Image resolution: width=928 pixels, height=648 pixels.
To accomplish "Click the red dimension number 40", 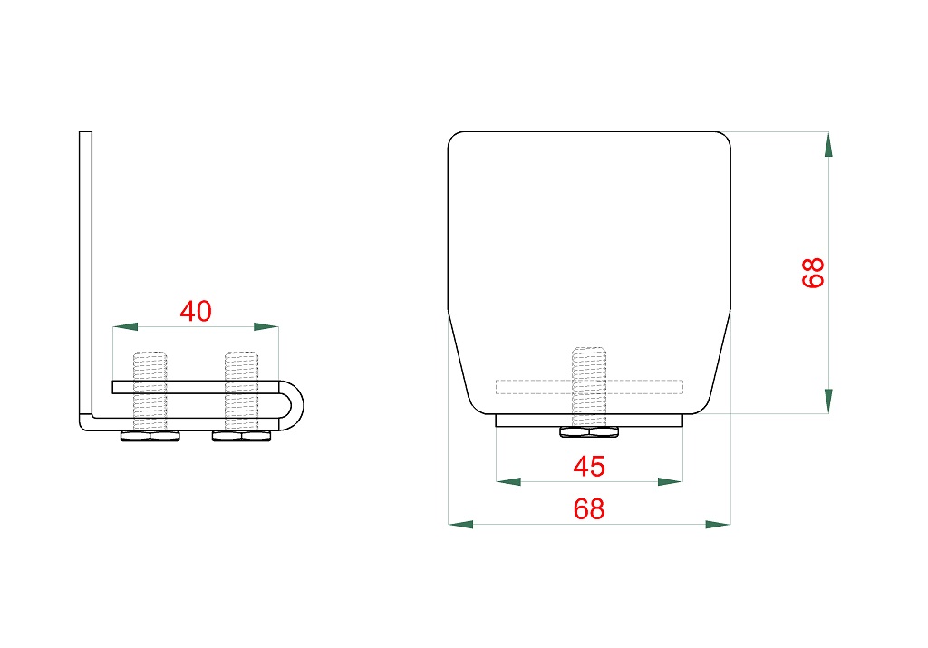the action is (x=196, y=311).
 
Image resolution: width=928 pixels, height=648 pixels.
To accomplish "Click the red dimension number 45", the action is (x=589, y=467).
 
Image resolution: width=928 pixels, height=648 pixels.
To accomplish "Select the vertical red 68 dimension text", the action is (x=813, y=273).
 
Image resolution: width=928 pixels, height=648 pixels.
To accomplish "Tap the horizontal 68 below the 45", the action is (x=589, y=509).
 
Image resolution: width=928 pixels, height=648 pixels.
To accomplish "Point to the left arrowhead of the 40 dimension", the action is (x=125, y=326).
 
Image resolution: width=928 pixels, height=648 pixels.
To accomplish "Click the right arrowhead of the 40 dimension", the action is (x=266, y=326).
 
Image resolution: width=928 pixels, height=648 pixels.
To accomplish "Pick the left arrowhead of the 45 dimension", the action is (x=508, y=482).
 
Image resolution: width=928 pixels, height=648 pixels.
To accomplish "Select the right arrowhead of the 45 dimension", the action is (x=671, y=482).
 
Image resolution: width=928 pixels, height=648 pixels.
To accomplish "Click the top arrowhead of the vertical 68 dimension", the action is (x=828, y=144).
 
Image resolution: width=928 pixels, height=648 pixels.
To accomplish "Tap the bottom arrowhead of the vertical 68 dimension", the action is (x=828, y=401).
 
